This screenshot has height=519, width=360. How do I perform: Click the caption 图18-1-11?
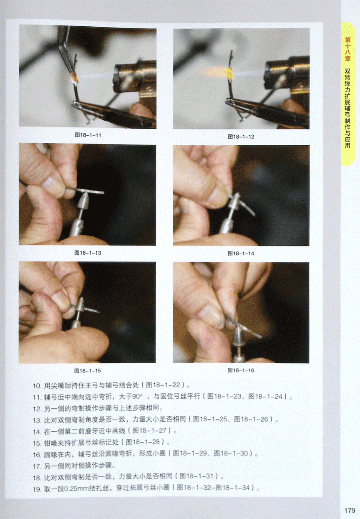(x=88, y=135)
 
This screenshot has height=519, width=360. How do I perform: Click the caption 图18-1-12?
(x=241, y=137)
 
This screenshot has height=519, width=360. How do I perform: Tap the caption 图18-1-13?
(x=88, y=253)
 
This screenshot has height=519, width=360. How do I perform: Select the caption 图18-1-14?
(x=241, y=253)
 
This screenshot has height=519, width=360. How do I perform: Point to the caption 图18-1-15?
(x=88, y=371)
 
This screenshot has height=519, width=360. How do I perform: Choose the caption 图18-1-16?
(x=241, y=370)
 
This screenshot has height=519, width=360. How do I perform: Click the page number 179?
(x=350, y=510)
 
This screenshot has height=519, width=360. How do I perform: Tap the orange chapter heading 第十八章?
(x=347, y=49)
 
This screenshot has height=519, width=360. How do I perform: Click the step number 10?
(x=37, y=386)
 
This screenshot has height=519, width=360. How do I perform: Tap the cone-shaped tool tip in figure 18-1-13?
(x=83, y=201)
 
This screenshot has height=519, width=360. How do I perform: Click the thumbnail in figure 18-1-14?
(x=218, y=195)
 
